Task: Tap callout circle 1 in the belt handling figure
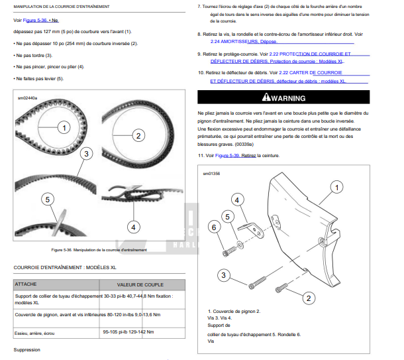tap(64, 127)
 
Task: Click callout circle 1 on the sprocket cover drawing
tap(336, 188)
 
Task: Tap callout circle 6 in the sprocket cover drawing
tap(213, 227)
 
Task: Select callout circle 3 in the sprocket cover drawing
tap(224, 274)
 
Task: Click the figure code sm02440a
tap(28, 98)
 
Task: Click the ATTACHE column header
tap(26, 284)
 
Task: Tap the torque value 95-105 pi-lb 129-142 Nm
tap(128, 331)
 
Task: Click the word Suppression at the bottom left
tap(27, 349)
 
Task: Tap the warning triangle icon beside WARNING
tap(266, 98)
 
